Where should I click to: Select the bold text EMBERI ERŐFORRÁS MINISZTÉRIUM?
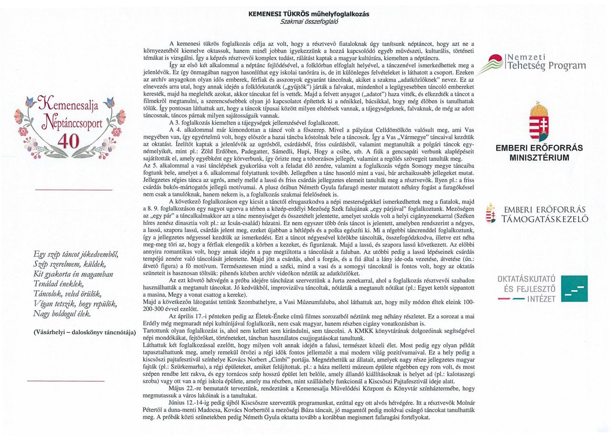538,153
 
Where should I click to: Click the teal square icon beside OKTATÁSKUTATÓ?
574,288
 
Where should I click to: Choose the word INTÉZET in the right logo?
542,299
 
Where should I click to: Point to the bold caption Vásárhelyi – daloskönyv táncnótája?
85,332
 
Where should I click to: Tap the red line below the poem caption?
66,381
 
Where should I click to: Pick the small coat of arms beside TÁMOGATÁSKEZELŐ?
490,214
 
